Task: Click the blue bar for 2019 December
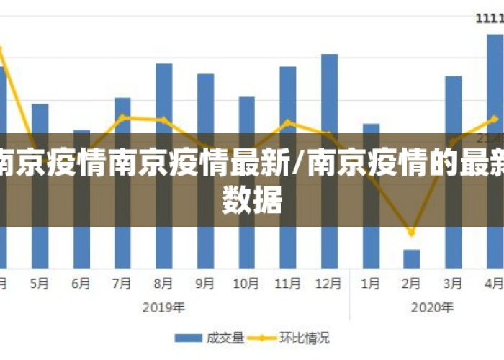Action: [x=329, y=94]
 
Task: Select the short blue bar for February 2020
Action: [x=412, y=259]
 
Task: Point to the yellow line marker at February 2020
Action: [x=412, y=233]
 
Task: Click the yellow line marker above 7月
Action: [x=123, y=117]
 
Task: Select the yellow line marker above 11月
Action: [x=288, y=122]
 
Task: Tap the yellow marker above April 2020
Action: [x=494, y=118]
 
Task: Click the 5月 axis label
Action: [x=40, y=284]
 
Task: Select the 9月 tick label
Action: [x=205, y=284]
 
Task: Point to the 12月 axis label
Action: [x=329, y=284]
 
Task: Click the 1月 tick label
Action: [x=370, y=284]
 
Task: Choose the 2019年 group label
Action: [x=164, y=307]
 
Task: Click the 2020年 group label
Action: [x=432, y=307]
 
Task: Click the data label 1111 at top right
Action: [x=490, y=19]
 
